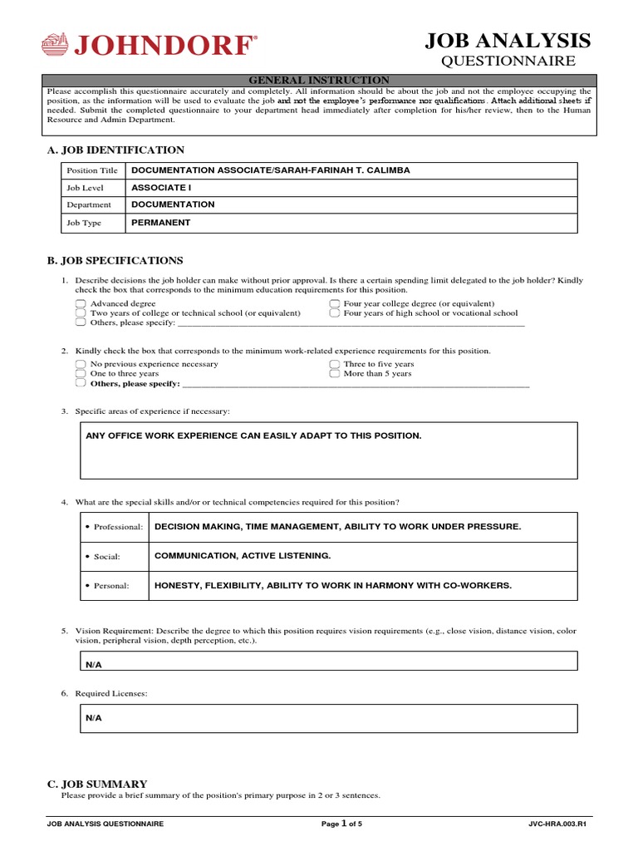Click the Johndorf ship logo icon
[55, 43]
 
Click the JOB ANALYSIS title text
[508, 41]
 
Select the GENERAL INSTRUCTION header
[320, 80]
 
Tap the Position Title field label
[92, 170]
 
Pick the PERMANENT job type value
[161, 223]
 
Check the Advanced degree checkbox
[80, 304]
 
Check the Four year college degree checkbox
[334, 304]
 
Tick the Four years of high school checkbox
[334, 313]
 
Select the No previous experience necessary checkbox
[80, 364]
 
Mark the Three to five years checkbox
[334, 364]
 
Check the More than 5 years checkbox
[334, 374]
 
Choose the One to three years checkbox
[80, 374]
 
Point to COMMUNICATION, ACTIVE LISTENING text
[243, 556]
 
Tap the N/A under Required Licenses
[93, 717]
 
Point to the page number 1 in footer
[343, 823]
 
